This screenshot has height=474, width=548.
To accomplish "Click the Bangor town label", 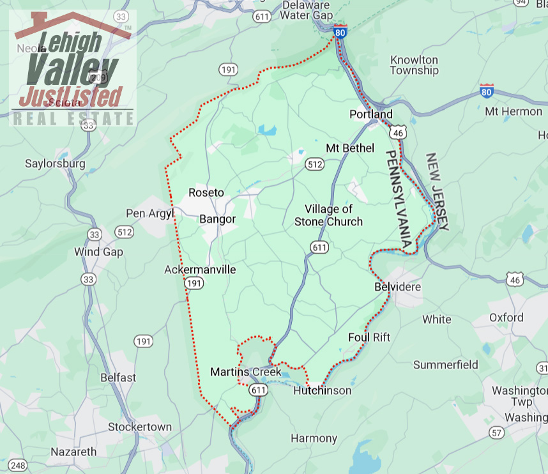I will [218, 219].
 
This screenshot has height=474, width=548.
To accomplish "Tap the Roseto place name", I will [206, 192].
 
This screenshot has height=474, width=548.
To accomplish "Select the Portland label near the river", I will [371, 114].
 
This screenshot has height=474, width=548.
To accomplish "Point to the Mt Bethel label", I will [349, 148].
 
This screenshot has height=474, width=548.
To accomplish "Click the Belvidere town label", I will [397, 287].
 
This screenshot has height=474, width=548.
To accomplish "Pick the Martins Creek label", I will [245, 372].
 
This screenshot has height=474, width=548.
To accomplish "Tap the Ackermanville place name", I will [200, 270].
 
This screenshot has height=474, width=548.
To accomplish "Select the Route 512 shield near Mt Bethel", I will [314, 164].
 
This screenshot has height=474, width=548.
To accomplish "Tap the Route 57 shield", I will [496, 433].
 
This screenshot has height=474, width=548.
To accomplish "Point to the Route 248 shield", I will [18, 466].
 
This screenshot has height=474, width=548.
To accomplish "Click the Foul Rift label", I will [369, 337].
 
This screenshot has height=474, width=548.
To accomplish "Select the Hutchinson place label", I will [322, 390].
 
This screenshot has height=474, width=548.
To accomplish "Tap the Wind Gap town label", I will [98, 252].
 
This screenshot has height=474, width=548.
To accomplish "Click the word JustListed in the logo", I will [70, 96].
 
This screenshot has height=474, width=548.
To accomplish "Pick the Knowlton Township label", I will [414, 65].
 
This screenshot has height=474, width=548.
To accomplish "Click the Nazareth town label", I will [73, 452].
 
